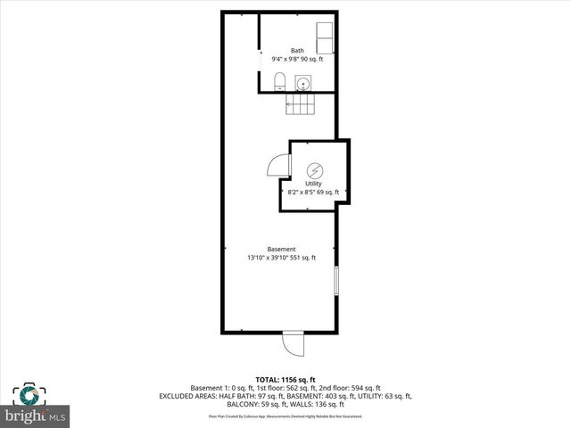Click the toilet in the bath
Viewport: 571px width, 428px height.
tap(279, 83)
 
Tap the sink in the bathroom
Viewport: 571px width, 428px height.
tap(304, 85)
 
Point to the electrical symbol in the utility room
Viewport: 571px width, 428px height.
tap(314, 170)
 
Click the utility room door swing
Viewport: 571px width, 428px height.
tap(278, 165)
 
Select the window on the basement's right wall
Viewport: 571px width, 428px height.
tap(335, 280)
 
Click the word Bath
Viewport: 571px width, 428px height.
tap(297, 50)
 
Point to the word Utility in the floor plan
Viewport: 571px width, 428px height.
tap(313, 184)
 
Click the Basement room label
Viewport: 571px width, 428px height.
tap(282, 249)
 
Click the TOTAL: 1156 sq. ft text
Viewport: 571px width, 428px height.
tap(285, 380)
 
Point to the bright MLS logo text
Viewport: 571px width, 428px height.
tap(36, 416)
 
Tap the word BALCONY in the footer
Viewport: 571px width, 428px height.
tap(226, 404)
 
